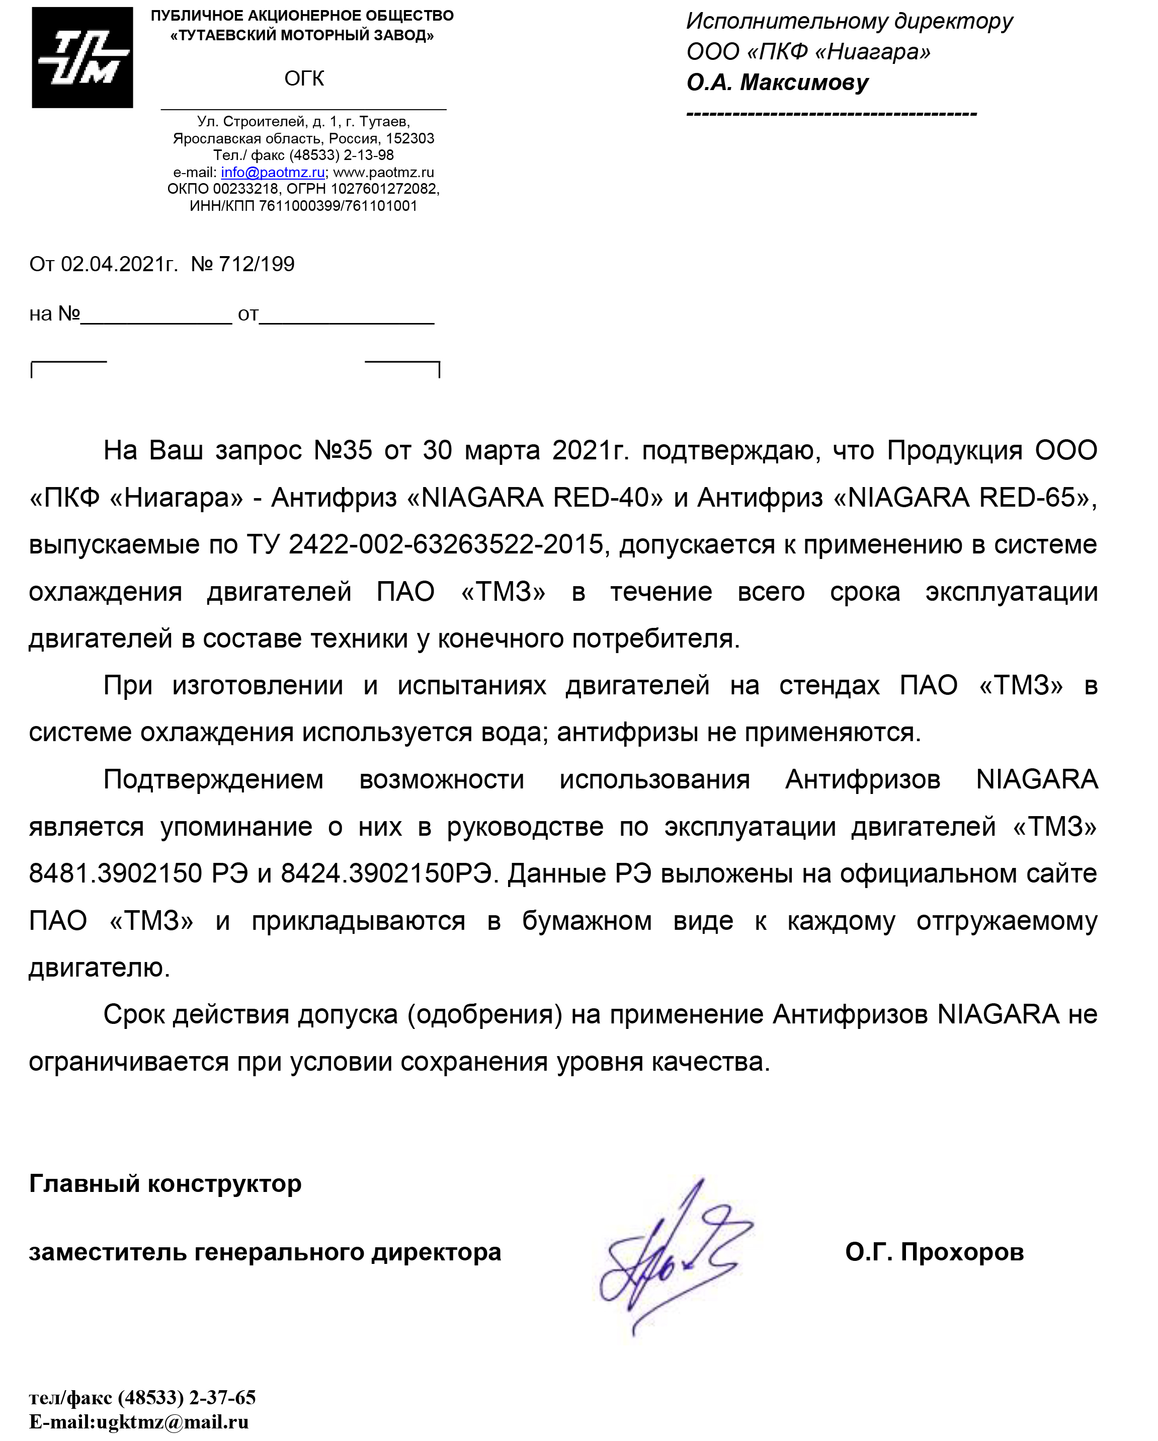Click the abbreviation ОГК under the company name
304,79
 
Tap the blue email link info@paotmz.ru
273,173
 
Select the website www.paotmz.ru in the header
383,173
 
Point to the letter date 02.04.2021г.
119,264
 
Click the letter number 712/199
257,264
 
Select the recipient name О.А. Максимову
777,82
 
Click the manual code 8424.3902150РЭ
389,873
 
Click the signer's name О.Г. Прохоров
934,1252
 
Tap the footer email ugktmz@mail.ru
173,1421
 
